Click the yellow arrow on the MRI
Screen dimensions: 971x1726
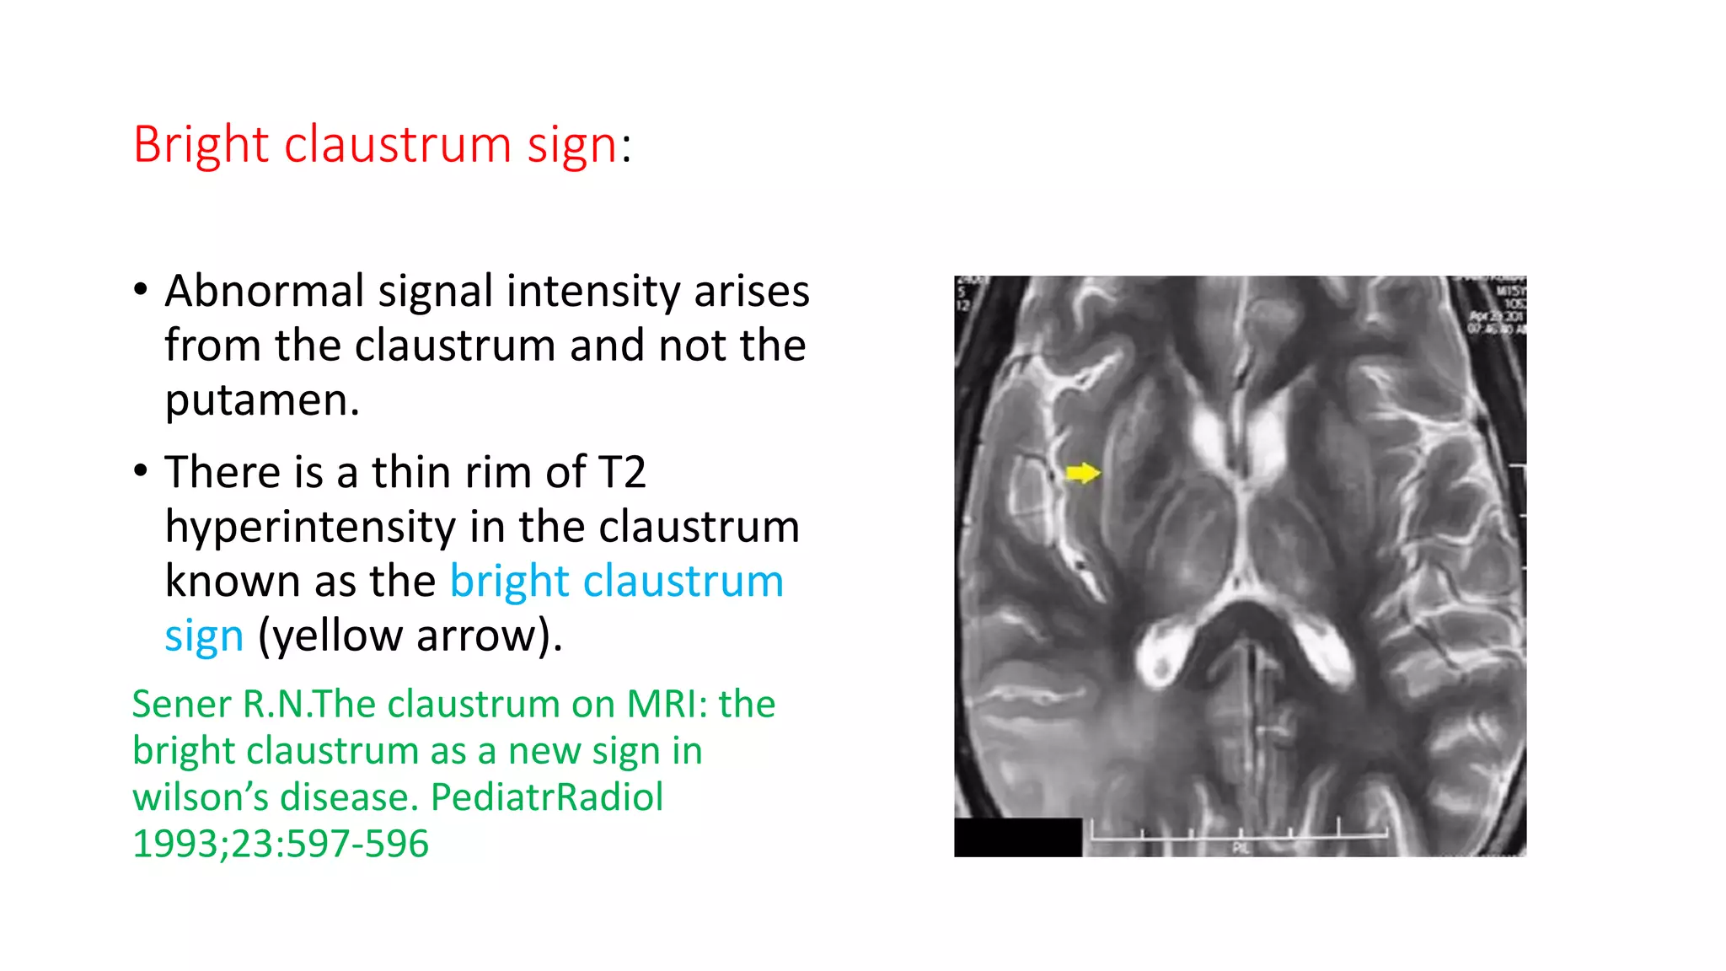pyautogui.click(x=1082, y=473)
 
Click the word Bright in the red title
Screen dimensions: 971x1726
pyautogui.click(x=201, y=145)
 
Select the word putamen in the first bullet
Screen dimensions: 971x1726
pyautogui.click(x=261, y=400)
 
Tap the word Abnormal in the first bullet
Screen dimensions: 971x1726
pyautogui.click(x=263, y=292)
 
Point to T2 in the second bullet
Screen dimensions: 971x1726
pyautogui.click(x=621, y=472)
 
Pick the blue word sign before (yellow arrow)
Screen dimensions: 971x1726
pyautogui.click(x=204, y=636)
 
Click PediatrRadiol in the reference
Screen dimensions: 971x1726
pyautogui.click(x=547, y=797)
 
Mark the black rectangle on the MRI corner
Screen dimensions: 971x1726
pyautogui.click(x=1017, y=837)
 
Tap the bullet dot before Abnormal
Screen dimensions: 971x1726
pyautogui.click(x=141, y=290)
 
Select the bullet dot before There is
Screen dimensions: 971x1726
pyautogui.click(x=141, y=470)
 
